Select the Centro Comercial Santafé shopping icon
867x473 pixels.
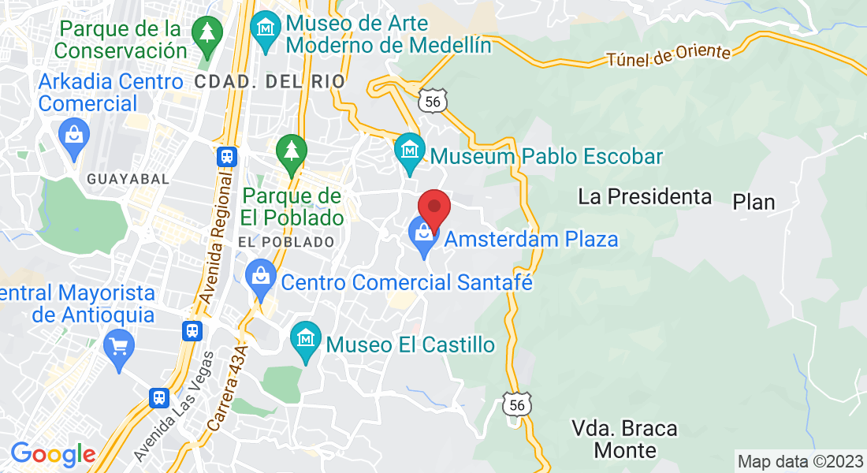pyautogui.click(x=260, y=278)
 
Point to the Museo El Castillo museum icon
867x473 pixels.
pyautogui.click(x=305, y=340)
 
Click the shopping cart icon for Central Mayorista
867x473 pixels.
pyautogui.click(x=120, y=347)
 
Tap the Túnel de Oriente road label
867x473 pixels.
pyautogui.click(x=668, y=54)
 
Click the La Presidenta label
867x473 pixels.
pyautogui.click(x=645, y=196)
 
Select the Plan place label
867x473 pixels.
pyautogui.click(x=754, y=202)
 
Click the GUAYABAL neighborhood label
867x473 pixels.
pyautogui.click(x=128, y=179)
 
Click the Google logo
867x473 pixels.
pyautogui.click(x=53, y=454)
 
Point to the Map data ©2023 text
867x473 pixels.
pyautogui.click(x=800, y=461)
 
